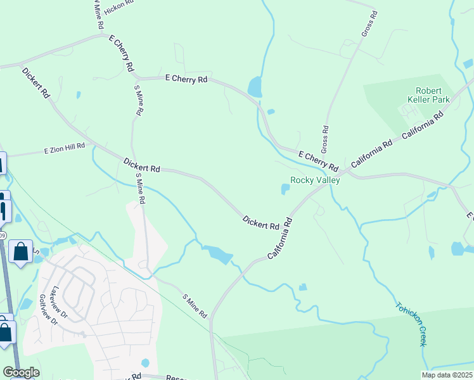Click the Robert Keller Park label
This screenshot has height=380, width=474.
432,95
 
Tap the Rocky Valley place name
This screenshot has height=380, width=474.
315,180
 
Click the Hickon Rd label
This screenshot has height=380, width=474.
119,4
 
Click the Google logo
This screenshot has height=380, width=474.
21,372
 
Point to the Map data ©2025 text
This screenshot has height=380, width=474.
447,375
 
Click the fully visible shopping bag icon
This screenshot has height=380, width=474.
20,252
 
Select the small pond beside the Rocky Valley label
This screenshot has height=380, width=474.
285,189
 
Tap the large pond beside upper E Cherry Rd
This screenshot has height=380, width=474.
255,87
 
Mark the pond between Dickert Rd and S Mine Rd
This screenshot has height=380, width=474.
219,255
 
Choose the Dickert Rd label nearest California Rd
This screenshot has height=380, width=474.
260,222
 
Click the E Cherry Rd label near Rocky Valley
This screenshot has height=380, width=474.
317,160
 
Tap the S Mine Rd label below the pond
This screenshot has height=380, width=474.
195,305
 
